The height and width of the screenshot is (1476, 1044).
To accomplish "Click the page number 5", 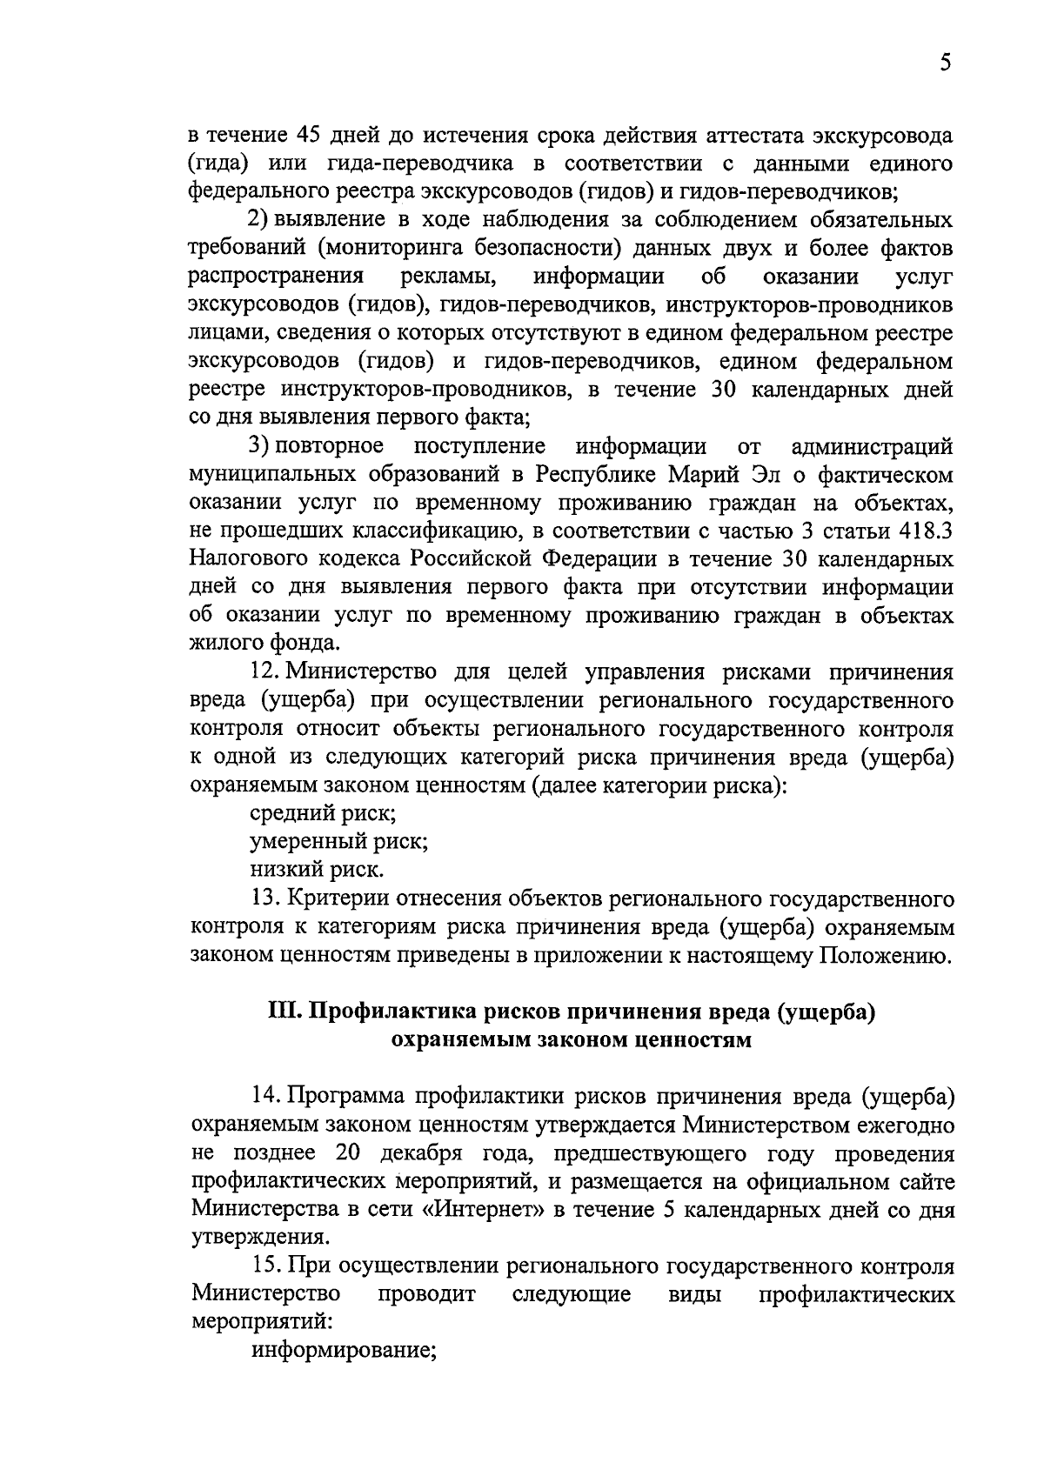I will (946, 63).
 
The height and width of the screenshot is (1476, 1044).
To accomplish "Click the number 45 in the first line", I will (310, 137).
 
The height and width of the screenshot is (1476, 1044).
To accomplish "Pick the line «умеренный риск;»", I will (338, 842).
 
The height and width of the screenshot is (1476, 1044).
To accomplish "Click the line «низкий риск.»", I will (316, 870).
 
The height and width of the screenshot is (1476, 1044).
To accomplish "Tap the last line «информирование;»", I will (343, 1352).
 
